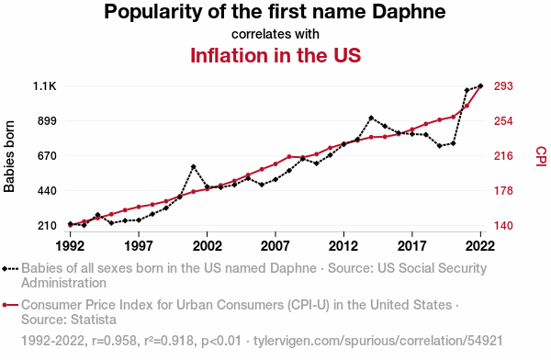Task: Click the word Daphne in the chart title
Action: tap(409, 12)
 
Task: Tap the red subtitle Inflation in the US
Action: tap(275, 55)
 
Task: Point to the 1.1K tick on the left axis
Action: tap(45, 86)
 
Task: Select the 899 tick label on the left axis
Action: tap(47, 121)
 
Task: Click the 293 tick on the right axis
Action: tap(503, 86)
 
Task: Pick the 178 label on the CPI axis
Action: tap(503, 191)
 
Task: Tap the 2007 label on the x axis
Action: tap(275, 246)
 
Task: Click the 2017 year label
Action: tap(411, 246)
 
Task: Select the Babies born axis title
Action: tap(9, 156)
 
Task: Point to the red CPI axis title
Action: tap(541, 156)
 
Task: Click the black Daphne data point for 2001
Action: tap(193, 166)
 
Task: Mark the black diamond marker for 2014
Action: tap(371, 118)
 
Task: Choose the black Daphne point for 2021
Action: tap(467, 90)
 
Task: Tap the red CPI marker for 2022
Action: tap(480, 86)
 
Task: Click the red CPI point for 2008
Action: tap(289, 156)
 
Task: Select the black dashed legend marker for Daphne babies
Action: tap(10, 269)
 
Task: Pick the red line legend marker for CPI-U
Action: tap(10, 305)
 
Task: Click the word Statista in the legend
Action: tap(94, 320)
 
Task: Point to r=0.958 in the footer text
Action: tap(114, 341)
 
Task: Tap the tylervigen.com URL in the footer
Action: tap(378, 341)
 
